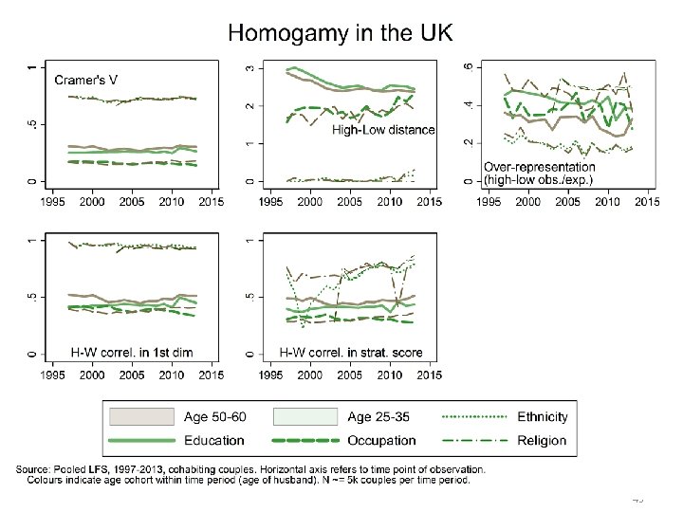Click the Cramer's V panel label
(x=87, y=80)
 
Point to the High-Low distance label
(x=383, y=131)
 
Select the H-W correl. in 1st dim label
(x=132, y=352)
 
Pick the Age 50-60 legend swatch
(x=142, y=416)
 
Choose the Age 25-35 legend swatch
(x=305, y=416)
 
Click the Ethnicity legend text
(x=543, y=416)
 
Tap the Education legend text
(x=213, y=440)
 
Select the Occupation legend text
(x=381, y=440)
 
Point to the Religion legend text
(x=542, y=440)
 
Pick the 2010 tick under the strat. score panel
(x=390, y=375)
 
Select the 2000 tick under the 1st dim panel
(x=92, y=375)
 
